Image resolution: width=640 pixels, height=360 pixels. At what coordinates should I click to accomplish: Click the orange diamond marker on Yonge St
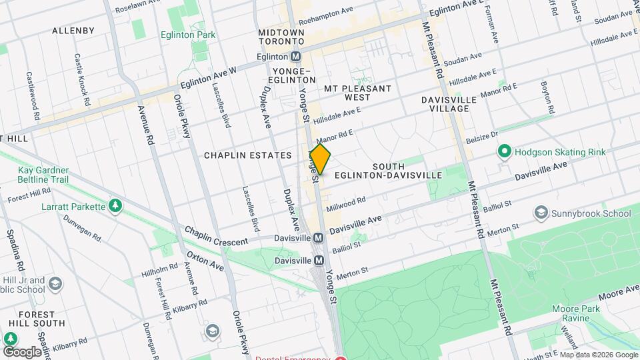coord(320,159)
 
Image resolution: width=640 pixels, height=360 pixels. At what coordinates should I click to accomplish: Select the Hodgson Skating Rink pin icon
coord(504,153)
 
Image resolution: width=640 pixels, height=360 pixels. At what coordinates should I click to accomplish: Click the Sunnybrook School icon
coord(541,213)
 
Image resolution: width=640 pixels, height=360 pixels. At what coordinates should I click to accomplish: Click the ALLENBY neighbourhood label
coord(73,31)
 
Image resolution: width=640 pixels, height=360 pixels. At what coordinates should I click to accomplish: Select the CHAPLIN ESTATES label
coord(247,155)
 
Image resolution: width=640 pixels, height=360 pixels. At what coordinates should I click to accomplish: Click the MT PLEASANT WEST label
coord(357,93)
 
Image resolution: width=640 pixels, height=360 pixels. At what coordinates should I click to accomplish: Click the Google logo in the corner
coord(21,351)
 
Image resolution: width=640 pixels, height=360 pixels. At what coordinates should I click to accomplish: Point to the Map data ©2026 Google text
coord(598,355)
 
